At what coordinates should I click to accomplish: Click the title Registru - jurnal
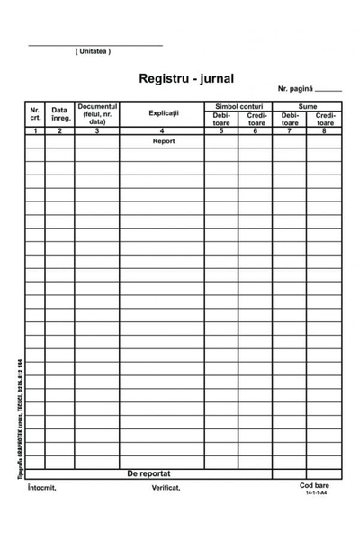pos(186,79)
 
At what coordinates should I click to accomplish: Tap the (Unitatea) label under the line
pos(94,51)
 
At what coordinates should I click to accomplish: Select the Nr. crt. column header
pos(35,113)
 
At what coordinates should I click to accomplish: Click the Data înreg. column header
pos(60,113)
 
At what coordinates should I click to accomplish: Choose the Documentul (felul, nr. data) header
pos(97,113)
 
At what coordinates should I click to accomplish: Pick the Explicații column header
pos(163,113)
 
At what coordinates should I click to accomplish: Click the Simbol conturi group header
pos(238,106)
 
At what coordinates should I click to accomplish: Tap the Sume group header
pos(308,106)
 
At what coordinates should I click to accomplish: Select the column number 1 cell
pos(35,131)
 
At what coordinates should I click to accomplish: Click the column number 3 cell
pos(97,131)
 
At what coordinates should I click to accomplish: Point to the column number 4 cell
pos(163,131)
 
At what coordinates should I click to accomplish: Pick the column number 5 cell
pos(221,131)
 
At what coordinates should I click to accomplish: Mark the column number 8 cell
pos(325,131)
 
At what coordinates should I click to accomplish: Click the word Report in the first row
pos(163,141)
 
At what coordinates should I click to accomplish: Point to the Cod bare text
pos(315,486)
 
